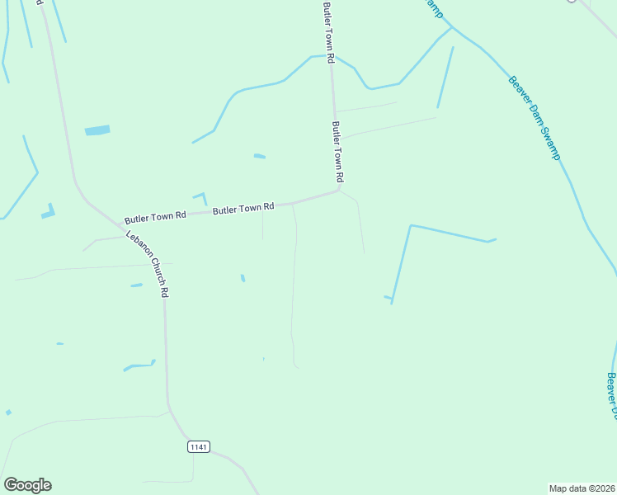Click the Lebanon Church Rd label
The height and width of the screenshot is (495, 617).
[148, 264]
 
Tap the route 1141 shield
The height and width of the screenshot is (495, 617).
[199, 447]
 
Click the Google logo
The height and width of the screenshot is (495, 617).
[27, 485]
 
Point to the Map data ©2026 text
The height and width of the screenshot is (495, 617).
[582, 488]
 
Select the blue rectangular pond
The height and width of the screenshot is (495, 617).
[97, 130]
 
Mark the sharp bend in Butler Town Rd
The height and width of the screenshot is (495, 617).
[338, 190]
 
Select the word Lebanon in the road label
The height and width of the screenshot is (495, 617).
[136, 244]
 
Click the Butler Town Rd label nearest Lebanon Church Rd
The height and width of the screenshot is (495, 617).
[155, 218]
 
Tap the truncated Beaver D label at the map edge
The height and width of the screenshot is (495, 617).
[612, 394]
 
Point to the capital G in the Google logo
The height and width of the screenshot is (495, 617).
[11, 485]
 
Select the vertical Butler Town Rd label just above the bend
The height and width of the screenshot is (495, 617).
[337, 153]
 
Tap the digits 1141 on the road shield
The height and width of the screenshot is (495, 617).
[199, 447]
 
